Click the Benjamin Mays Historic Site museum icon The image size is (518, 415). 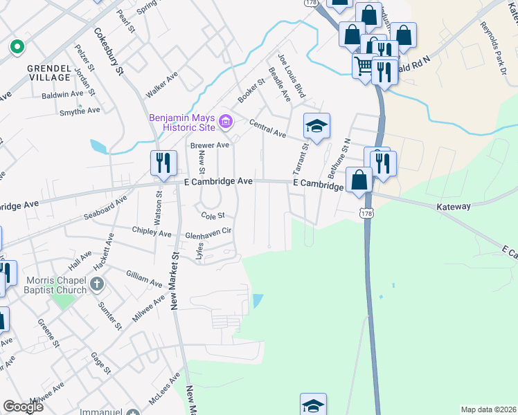click(225, 122)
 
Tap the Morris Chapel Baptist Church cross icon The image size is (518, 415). click(97, 284)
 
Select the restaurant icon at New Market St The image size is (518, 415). click(161, 163)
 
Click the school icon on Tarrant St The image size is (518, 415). click(316, 126)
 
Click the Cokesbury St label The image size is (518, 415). click(109, 52)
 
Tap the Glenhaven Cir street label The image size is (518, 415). click(207, 234)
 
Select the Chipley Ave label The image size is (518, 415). click(152, 233)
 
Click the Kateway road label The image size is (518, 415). click(454, 206)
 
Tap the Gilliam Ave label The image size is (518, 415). click(143, 279)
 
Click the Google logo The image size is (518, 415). click(23, 407)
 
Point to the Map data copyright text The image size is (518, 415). click(488, 409)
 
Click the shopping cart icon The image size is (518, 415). click(364, 67)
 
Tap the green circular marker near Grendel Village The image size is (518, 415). click(16, 47)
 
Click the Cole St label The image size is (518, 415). click(213, 214)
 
